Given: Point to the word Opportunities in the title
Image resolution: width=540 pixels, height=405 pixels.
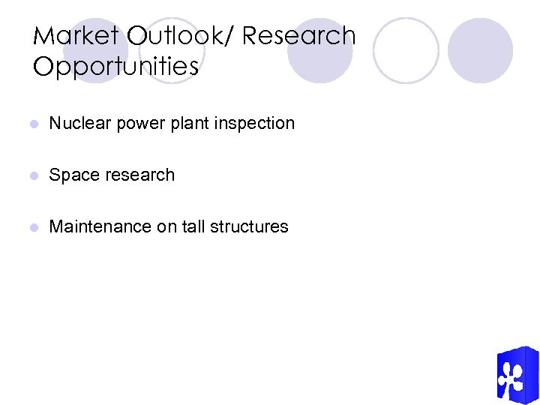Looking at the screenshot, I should click(116, 67).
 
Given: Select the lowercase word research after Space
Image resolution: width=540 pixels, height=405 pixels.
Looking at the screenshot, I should click(138, 175).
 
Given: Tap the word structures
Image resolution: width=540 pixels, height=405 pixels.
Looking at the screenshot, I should click(250, 226).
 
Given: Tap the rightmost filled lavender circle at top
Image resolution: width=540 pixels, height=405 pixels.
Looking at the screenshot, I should click(480, 50).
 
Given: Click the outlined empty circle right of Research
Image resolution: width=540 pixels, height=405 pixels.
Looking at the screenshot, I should click(406, 50).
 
